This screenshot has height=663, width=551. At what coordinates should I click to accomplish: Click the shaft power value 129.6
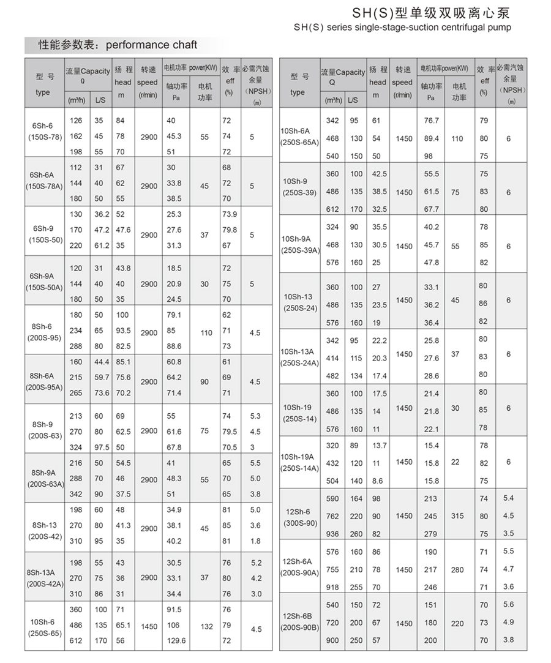(176, 640)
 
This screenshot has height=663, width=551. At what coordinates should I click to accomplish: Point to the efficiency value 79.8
(230, 230)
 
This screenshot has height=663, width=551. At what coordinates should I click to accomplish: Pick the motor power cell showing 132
(206, 627)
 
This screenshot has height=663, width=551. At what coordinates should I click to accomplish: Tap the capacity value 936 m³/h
(332, 533)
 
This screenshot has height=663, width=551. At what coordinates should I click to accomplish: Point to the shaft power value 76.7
(432, 121)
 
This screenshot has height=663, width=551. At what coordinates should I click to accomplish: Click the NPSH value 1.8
(255, 541)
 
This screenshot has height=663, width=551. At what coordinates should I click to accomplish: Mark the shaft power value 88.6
(174, 346)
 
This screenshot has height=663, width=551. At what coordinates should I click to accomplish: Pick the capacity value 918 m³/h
(332, 587)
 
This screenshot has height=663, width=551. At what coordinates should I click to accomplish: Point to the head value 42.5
(380, 174)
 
